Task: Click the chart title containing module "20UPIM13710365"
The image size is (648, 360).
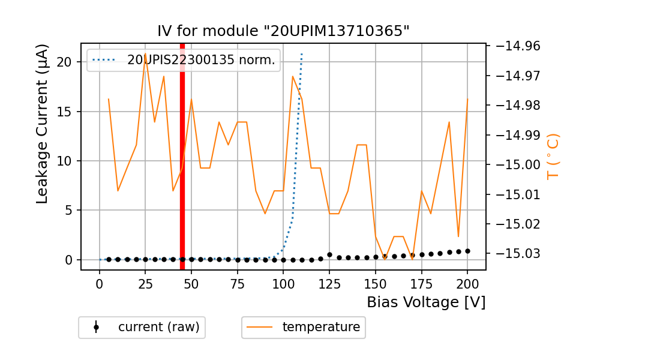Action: pos(283,31)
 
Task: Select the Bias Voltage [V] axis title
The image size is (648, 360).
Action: pos(426,302)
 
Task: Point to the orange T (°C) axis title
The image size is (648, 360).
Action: pos(553,156)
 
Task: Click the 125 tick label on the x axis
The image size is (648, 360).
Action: pos(329,283)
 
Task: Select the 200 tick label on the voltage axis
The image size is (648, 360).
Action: pos(467,283)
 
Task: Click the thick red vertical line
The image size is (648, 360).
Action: pos(182,156)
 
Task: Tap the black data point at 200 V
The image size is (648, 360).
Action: pos(467,251)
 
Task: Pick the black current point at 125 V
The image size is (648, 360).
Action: pos(329,255)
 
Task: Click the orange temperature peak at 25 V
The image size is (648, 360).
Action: pos(145,53)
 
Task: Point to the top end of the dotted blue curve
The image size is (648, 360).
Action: pos(302,53)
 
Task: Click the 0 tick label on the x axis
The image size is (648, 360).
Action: pos(100,283)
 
